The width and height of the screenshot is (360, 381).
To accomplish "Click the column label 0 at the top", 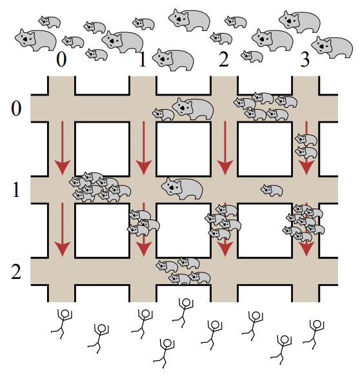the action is coord(61,59).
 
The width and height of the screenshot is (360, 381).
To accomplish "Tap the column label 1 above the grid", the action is coord(143,59).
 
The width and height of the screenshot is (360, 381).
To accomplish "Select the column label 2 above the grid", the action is coord(224,59).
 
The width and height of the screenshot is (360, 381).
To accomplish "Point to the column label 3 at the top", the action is coord(305,59).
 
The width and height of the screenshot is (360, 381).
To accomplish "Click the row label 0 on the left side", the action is coord(16,108).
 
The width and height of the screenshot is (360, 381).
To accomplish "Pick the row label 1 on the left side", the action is coord(16,190).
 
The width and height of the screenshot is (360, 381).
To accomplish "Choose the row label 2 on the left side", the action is coord(16,271).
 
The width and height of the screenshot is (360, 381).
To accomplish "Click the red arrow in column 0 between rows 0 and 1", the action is coord(63,148).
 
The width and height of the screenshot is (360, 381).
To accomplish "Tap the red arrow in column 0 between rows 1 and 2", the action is coord(63,230).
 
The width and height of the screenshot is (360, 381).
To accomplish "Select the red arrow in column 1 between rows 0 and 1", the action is coord(144,148).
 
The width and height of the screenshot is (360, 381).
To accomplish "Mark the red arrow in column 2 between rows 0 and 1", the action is coord(225,148).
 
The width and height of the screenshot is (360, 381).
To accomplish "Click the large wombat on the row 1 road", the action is coord(182,189).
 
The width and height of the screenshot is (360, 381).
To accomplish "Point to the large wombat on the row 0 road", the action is coord(193,108).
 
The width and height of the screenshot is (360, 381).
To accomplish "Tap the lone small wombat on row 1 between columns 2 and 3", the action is coord(272,190).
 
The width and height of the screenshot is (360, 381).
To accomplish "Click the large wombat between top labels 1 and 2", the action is coord(173,60).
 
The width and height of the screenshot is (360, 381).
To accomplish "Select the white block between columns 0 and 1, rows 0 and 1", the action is coord(102,149).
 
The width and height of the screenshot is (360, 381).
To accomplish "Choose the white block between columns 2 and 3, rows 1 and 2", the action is coord(265,231).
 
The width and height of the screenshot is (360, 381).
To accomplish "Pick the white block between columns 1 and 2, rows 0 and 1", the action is coord(183,149).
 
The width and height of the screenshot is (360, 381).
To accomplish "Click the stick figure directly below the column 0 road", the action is coord(63,324).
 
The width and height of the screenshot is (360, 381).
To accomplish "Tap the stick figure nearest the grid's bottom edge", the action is coord(184,313).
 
